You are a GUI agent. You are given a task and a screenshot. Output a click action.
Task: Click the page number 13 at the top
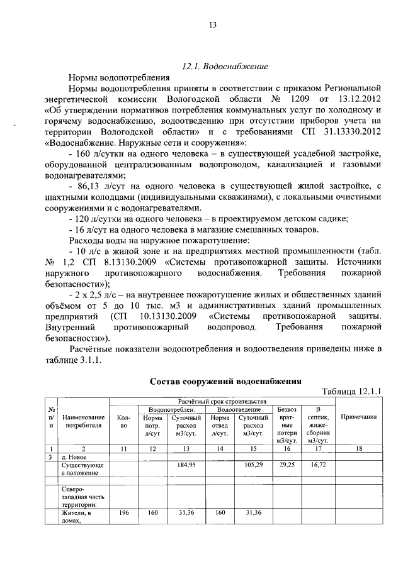pyautogui.click(x=212, y=25)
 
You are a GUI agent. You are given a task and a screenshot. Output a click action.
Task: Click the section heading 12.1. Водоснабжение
pyautogui.click(x=225, y=65)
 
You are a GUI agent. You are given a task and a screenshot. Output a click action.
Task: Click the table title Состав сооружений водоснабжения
pyautogui.click(x=225, y=381)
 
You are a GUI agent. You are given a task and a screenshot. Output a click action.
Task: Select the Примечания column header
pyautogui.click(x=358, y=417)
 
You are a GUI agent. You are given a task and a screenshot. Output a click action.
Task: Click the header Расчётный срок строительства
pyautogui.click(x=222, y=401)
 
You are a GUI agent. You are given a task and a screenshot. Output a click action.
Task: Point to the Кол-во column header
pyautogui.click(x=123, y=421)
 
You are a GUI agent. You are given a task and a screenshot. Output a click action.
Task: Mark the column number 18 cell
pyautogui.click(x=358, y=448)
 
